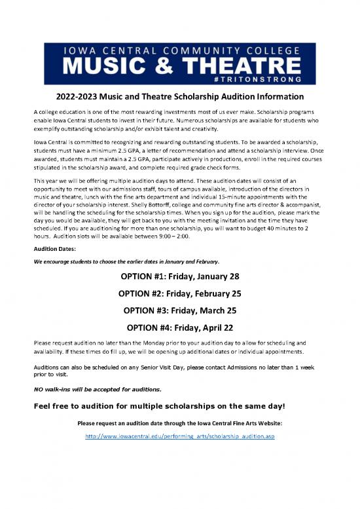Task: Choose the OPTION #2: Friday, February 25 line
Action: (180, 292)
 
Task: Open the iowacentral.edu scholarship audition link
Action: (180, 436)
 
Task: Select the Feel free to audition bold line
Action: (158, 405)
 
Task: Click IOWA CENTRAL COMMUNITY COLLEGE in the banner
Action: (179, 49)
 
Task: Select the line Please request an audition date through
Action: (180, 423)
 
